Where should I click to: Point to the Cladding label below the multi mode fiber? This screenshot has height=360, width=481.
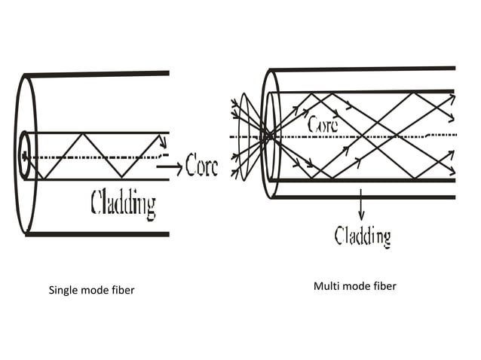point(363,236)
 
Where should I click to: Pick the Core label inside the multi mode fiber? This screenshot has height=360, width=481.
point(323,123)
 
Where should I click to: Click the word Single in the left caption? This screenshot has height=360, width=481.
point(63,290)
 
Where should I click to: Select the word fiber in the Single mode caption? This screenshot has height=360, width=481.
point(121,290)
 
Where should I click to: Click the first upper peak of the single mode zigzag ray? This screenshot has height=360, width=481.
point(78,134)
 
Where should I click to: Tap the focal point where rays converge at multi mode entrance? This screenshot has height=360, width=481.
point(265,136)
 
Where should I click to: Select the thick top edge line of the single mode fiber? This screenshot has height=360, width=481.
point(98,74)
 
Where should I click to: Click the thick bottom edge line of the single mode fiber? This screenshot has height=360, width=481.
point(98,234)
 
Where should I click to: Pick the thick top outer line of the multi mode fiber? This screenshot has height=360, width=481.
point(362,69)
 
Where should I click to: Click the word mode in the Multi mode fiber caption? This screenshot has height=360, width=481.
point(355,286)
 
